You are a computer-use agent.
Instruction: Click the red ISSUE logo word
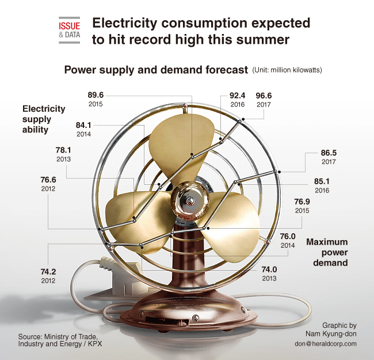(x=70, y=26)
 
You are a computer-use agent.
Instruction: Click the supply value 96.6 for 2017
(x=264, y=96)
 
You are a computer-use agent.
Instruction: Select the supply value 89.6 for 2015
(x=96, y=95)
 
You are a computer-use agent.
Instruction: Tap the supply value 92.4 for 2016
(x=237, y=96)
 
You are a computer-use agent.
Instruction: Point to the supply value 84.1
(x=83, y=125)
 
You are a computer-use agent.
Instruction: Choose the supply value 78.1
(x=63, y=150)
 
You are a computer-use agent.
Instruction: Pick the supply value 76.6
(x=48, y=180)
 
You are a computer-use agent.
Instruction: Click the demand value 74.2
(x=48, y=272)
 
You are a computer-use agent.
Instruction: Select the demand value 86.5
(x=329, y=153)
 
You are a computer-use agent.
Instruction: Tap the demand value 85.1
(x=322, y=181)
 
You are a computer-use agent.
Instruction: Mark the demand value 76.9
(x=302, y=202)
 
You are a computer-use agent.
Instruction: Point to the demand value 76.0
(x=288, y=236)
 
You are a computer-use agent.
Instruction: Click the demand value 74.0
(x=269, y=270)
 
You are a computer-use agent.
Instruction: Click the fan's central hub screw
(x=190, y=200)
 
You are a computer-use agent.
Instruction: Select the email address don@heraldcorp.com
(x=326, y=344)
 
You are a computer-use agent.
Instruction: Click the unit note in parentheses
(x=287, y=70)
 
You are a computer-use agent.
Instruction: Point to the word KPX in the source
(x=95, y=344)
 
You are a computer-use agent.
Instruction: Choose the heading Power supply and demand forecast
(x=157, y=70)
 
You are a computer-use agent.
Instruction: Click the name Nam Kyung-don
(x=331, y=334)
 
